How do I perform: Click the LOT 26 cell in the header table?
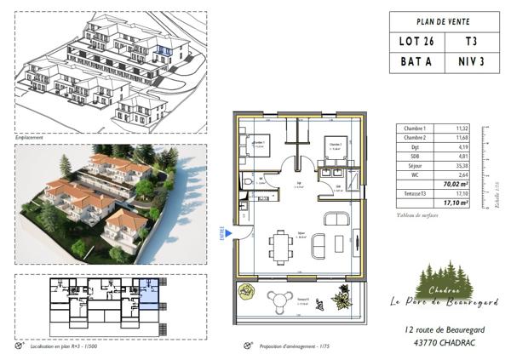(x=416, y=41)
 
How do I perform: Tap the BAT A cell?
(x=416, y=61)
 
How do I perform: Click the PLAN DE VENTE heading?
(x=443, y=21)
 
